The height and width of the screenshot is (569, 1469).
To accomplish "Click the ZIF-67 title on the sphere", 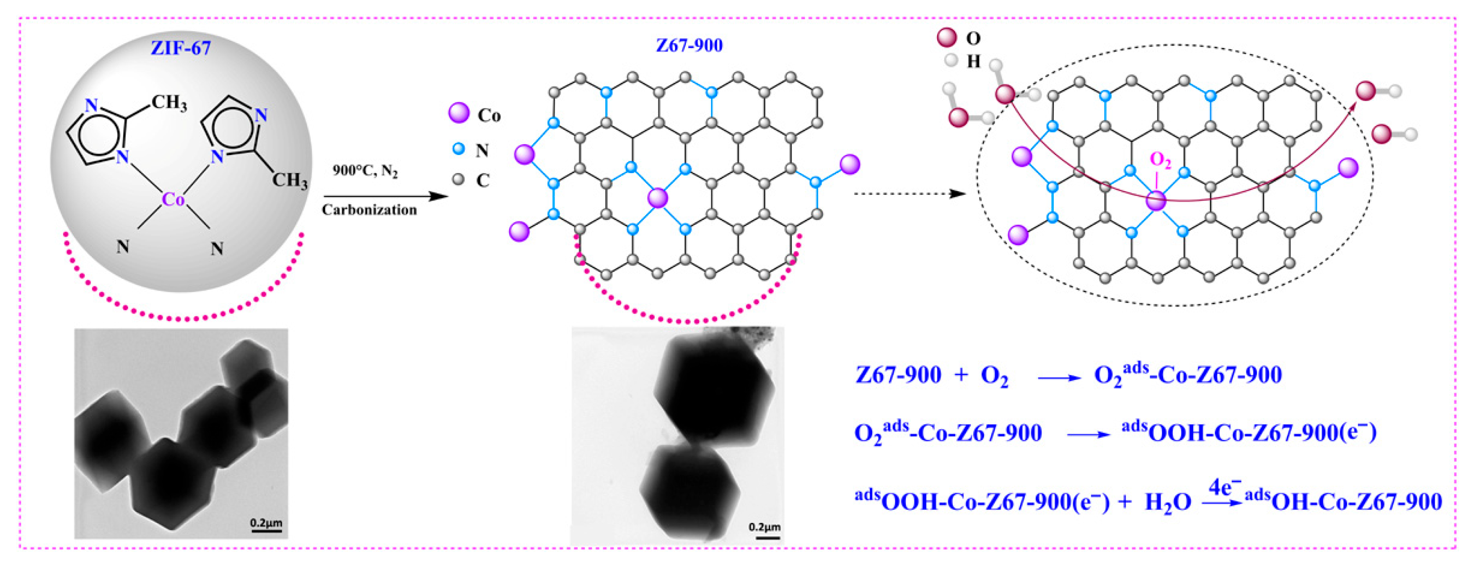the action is coord(180,48).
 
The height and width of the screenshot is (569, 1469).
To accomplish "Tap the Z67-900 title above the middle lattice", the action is coord(689,45).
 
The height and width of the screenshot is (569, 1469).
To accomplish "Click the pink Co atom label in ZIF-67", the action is coord(173,200).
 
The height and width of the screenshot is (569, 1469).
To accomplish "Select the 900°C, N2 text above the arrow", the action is coord(365,171).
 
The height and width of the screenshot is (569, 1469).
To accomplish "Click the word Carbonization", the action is coord(369,210).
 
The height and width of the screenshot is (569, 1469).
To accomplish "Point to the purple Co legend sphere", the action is coord(459,114).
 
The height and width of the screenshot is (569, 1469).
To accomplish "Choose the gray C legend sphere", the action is coord(458,180).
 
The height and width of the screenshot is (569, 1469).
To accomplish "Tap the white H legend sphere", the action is coord(950,61).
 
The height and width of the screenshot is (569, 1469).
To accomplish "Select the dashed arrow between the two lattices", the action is coord(909,194).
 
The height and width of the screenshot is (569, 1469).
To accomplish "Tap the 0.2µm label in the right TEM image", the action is coord(764,527).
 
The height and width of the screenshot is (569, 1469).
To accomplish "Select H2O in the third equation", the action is coord(1168,503).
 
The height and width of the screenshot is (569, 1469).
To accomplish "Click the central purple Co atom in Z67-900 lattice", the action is coord(657,199).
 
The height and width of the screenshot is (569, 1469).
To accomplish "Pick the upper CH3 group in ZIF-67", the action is coord(169,103).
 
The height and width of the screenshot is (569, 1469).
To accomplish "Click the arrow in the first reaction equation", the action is coord(1059,378).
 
